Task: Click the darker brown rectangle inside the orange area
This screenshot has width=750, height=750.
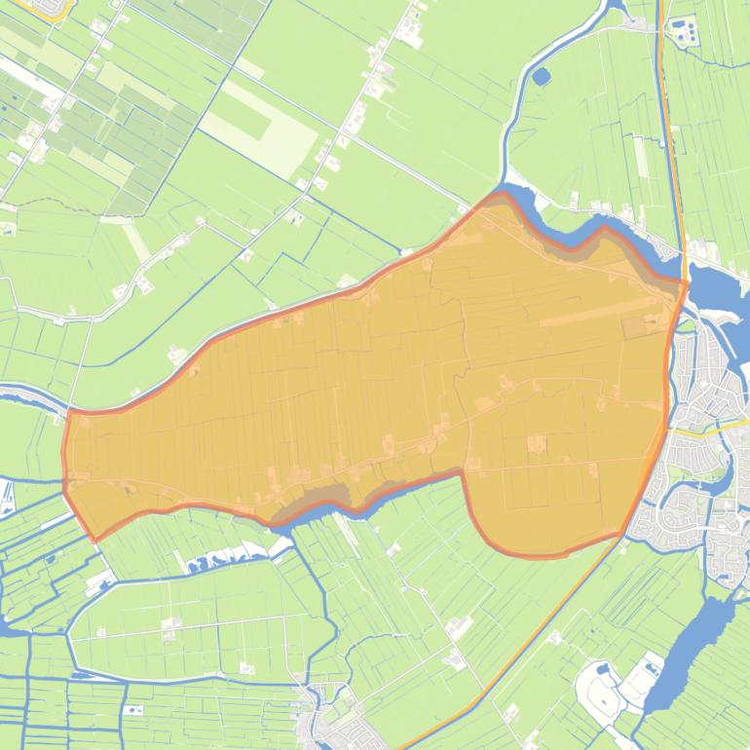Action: [636, 327]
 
